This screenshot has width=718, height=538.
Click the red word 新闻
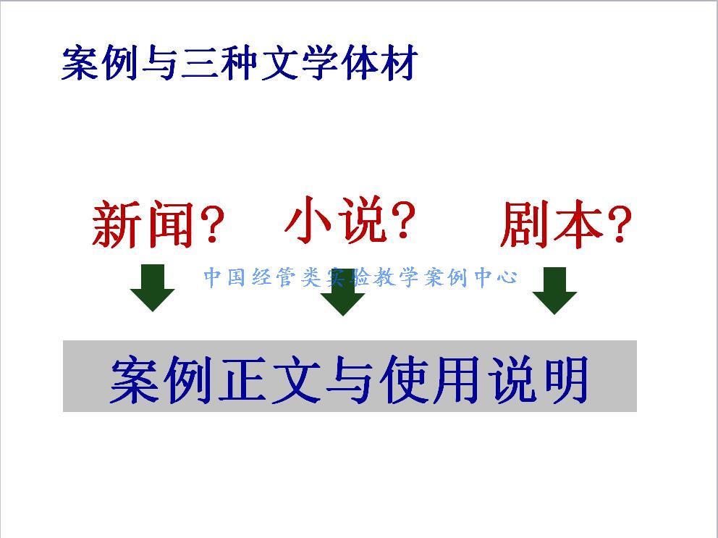pyautogui.click(x=142, y=224)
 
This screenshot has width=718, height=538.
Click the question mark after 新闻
pyautogui.click(x=211, y=224)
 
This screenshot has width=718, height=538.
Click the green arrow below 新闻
pyautogui.click(x=153, y=287)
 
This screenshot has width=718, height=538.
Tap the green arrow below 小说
pyautogui.click(x=342, y=292)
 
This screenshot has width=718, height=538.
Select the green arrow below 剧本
pyautogui.click(x=554, y=290)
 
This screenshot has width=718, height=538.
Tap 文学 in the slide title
pyautogui.click(x=299, y=63)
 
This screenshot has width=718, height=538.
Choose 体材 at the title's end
pyautogui.click(x=379, y=63)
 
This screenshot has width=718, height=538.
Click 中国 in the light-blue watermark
pyautogui.click(x=224, y=277)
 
